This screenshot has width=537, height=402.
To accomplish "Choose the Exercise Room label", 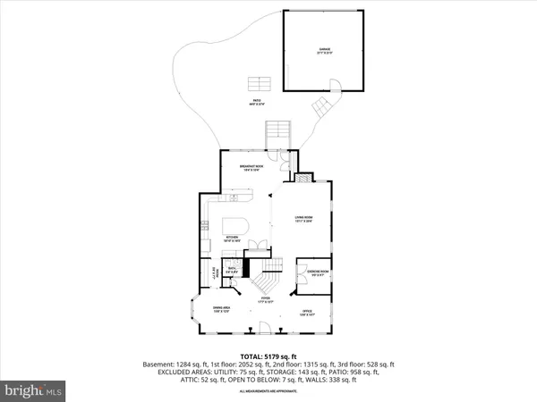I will click(318, 272).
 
